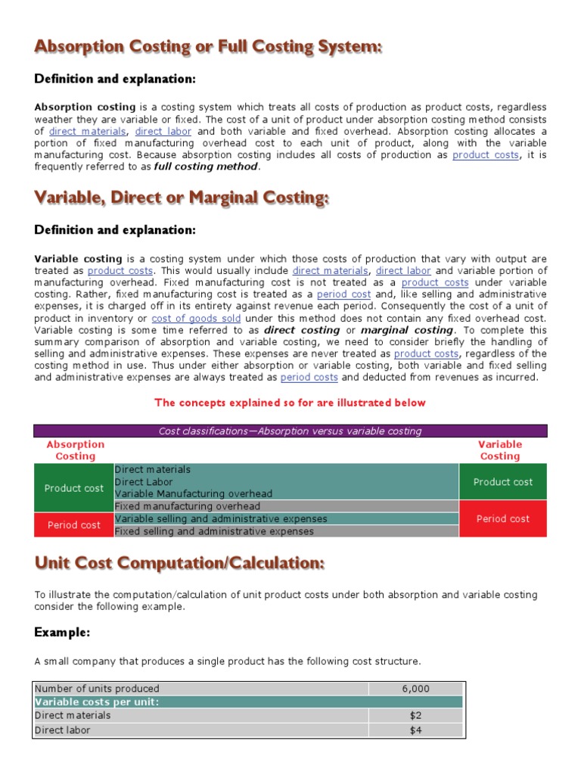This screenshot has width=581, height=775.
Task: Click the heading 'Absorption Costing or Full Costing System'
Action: point(208,47)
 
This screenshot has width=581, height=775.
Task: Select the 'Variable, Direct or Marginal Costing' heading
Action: point(182,198)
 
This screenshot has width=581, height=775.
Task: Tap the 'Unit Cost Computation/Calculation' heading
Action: point(179,563)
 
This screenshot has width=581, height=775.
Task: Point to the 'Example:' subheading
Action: point(62,632)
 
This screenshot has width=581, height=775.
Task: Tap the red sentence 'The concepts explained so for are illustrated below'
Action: point(290,403)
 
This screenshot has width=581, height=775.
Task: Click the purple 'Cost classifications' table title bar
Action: point(290,431)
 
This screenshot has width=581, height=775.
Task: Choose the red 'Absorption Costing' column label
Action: point(75,450)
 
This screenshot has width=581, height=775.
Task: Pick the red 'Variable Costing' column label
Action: point(500,450)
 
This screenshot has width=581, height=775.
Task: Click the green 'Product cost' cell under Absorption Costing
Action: point(73,488)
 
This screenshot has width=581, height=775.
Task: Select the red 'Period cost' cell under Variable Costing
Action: point(502,518)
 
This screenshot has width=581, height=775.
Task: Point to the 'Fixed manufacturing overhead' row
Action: point(187,506)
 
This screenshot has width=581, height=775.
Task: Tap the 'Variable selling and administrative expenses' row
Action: point(221,518)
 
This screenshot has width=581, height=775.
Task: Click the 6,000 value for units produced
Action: point(415,688)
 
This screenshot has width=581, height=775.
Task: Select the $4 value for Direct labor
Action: point(415,730)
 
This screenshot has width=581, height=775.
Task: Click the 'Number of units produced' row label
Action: point(98,688)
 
